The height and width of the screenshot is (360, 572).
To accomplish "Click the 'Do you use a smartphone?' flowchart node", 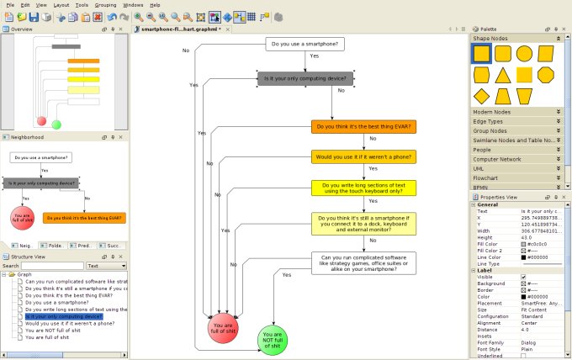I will coord(304,44).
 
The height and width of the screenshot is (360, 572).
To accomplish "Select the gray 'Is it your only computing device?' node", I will coord(305,78).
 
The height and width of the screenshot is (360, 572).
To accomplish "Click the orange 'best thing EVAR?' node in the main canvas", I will coord(363,127).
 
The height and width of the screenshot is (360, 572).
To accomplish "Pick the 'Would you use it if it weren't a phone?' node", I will coord(363,156).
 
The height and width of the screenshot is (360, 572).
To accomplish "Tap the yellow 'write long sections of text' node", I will coord(363,188).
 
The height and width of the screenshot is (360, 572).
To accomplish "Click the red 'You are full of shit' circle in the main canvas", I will coord(223,329).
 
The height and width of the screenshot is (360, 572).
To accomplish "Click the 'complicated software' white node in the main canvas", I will coord(363,262).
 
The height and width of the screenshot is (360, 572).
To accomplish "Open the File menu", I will coord(10,5).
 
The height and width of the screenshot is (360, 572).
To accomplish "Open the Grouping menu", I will coord(105,5).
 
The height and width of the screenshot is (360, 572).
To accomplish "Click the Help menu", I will coord(155,5).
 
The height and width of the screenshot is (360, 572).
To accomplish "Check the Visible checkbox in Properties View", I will coord(523,276).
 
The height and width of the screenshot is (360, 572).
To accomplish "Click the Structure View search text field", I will coord(53,265).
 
